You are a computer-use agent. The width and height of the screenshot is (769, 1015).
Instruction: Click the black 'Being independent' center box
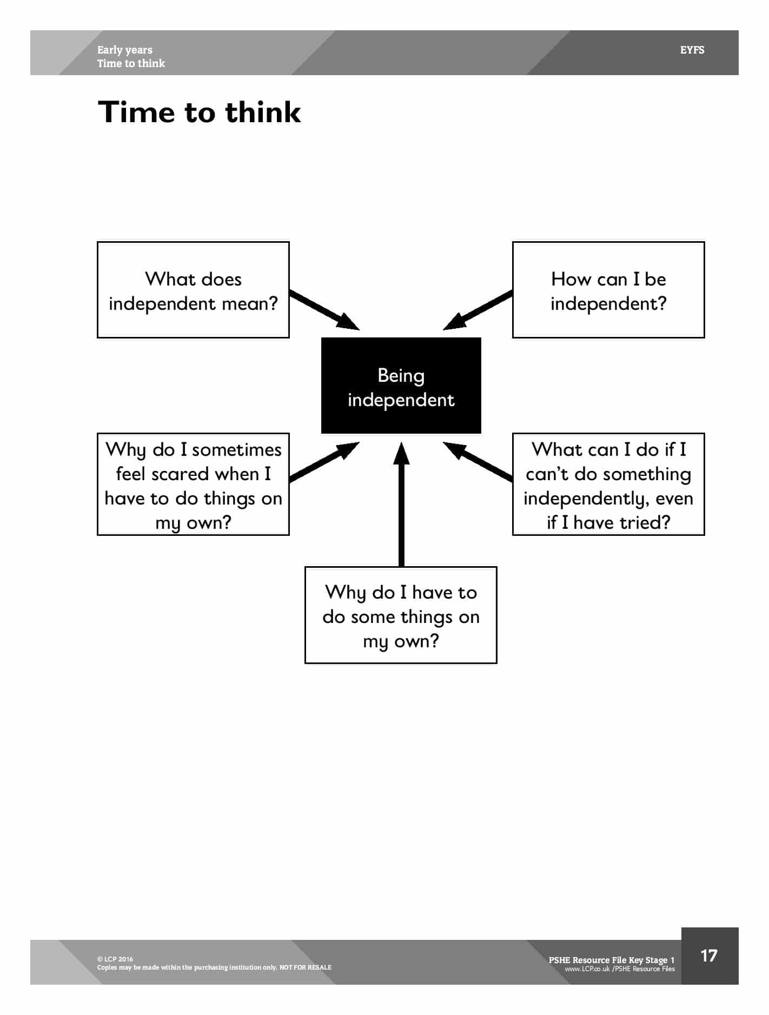pos(401,385)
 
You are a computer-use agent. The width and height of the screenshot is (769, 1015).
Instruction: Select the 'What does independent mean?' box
pos(193,290)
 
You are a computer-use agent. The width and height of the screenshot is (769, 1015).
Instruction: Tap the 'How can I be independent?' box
pos(608,290)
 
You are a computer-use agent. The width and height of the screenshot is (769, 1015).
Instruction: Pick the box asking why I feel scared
pos(193,484)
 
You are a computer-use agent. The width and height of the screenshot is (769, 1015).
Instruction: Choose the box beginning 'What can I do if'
pos(608,484)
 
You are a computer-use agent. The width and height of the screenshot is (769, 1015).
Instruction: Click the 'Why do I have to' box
pos(401,615)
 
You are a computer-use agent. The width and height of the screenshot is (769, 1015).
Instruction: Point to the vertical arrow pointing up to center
pos(401,504)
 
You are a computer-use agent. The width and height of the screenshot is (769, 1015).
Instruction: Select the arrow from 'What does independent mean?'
pos(324,310)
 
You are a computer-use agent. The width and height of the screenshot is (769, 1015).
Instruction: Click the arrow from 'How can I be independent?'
pos(478,310)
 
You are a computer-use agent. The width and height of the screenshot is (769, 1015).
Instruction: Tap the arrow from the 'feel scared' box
pos(324,461)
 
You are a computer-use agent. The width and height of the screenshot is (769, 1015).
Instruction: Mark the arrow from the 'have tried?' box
pos(478,461)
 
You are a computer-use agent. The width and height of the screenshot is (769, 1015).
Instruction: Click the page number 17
pos(708,956)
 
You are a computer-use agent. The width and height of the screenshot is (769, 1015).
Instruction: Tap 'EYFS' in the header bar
pos(692,50)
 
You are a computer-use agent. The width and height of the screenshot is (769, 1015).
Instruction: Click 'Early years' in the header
pos(125,50)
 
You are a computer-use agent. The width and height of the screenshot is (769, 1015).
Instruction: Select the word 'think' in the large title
pos(263,112)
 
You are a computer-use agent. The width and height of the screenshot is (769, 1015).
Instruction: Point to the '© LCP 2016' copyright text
pos(115,959)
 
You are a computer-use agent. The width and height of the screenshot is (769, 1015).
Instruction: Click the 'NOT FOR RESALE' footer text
pos(306,967)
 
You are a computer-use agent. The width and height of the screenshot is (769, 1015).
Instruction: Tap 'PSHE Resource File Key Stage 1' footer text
pos(612,960)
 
